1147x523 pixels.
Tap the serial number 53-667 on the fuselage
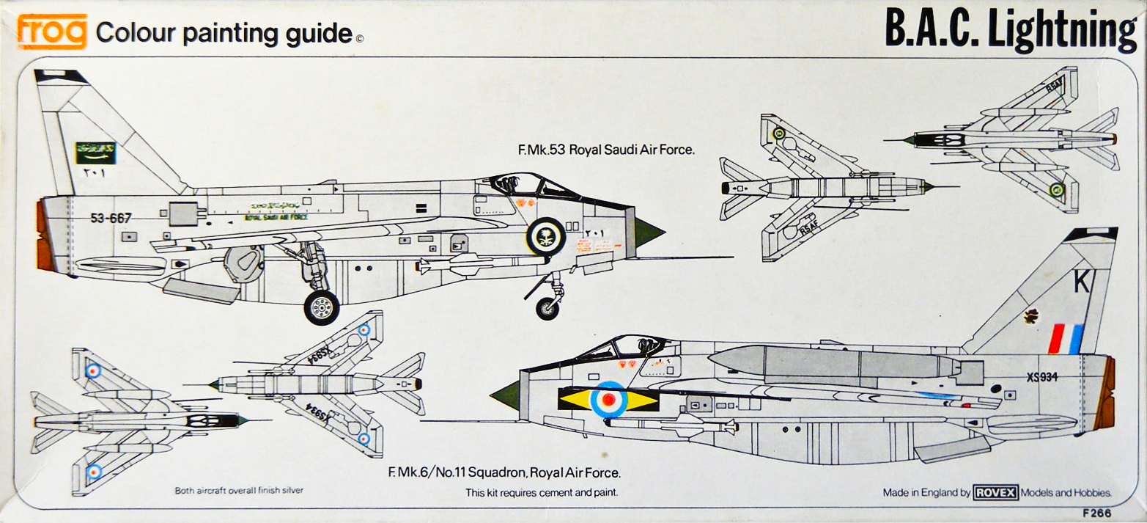111,218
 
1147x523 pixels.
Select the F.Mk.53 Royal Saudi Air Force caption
606,150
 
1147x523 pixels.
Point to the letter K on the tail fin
1081,282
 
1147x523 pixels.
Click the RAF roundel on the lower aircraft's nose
608,400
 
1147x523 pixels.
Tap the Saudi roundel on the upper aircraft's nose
545,236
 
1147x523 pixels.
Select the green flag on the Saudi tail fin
95,153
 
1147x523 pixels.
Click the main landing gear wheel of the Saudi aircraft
321,307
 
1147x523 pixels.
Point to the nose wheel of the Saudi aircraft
547,308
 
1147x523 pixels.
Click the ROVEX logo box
995,493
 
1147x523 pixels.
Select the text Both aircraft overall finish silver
238,490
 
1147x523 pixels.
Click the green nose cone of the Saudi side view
648,233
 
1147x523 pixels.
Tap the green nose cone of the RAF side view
506,397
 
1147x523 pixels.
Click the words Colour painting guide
224,33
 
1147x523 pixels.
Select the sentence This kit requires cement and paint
542,492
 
